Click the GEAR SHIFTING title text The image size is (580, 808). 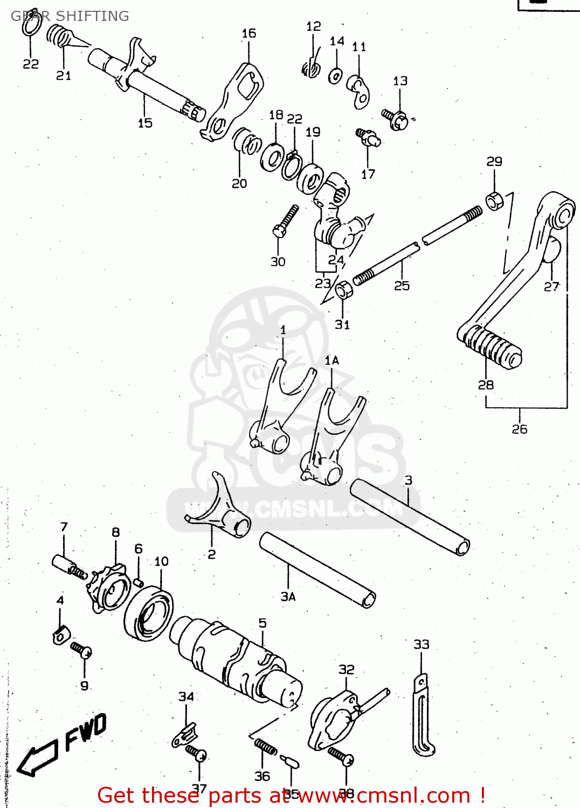pyautogui.click(x=70, y=16)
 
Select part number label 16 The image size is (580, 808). pyautogui.click(x=248, y=33)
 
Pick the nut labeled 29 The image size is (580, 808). pyautogui.click(x=494, y=200)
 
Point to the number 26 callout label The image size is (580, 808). pyautogui.click(x=520, y=429)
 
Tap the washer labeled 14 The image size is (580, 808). pyautogui.click(x=335, y=75)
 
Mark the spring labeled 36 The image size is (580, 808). pyautogui.click(x=265, y=747)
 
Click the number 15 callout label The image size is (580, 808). pyautogui.click(x=145, y=123)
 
